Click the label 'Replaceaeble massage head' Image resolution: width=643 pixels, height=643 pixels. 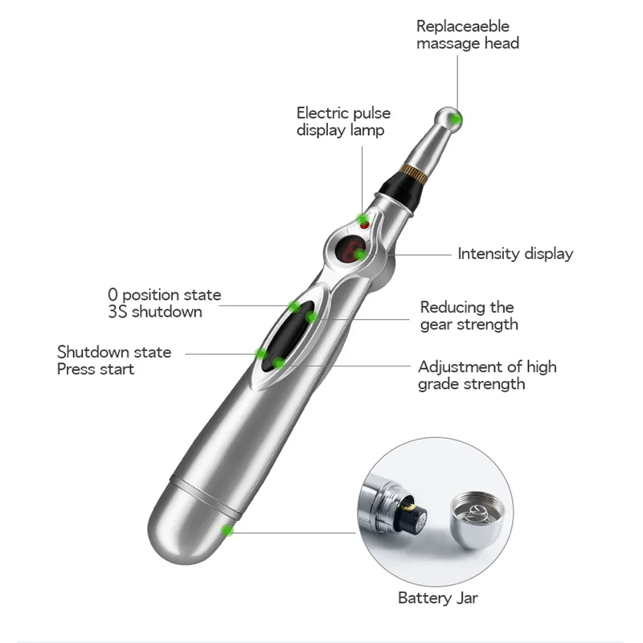click(467, 35)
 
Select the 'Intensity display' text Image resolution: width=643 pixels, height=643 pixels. click(515, 254)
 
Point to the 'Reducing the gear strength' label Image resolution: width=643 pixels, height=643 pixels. click(469, 316)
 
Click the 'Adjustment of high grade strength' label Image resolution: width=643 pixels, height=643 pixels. click(487, 375)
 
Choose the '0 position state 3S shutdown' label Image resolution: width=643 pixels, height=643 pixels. click(164, 303)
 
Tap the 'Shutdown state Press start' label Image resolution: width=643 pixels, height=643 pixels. click(114, 361)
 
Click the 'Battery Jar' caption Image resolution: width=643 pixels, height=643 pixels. click(438, 598)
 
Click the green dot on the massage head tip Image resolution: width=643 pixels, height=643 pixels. click(457, 120)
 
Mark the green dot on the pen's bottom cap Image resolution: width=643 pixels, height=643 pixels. click(227, 530)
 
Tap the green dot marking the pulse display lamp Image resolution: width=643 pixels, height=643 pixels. click(363, 219)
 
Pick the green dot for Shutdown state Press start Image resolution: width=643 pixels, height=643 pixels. click(260, 354)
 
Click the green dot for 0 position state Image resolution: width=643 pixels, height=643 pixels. click(294, 306)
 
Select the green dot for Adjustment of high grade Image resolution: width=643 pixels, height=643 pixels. click(278, 364)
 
